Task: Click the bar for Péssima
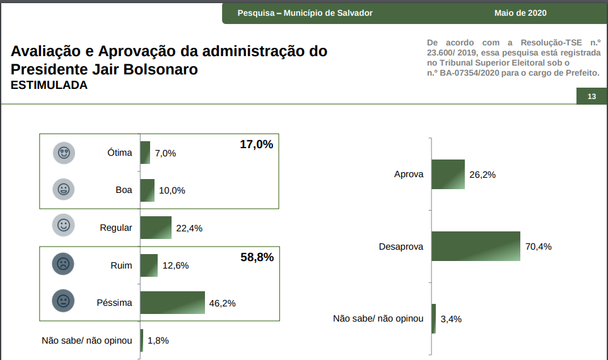coord(172,303)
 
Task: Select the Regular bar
coord(156,228)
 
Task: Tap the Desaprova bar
coord(476,246)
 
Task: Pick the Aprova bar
coord(448,175)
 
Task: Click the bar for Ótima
coord(145,153)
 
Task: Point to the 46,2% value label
coord(222,303)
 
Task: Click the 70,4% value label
coord(538,247)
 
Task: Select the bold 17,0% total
coord(256,144)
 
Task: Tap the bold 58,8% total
coord(257,257)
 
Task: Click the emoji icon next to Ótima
coord(63,153)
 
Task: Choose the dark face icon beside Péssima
coord(63,301)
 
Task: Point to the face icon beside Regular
coord(63,225)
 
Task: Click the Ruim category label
coord(121,265)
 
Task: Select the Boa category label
coord(124,190)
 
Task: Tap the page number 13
coord(592,96)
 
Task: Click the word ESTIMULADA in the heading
coord(49,85)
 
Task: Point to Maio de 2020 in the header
coord(520,13)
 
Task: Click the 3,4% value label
coord(451,319)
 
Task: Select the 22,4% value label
coord(189,228)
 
